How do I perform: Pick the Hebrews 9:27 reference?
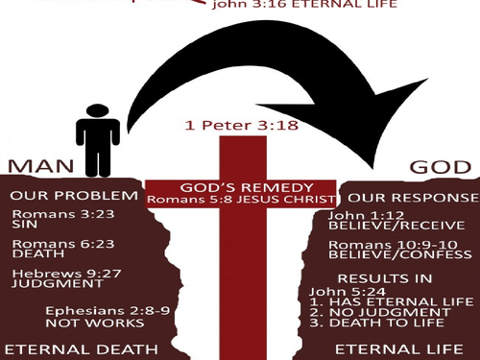52,274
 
